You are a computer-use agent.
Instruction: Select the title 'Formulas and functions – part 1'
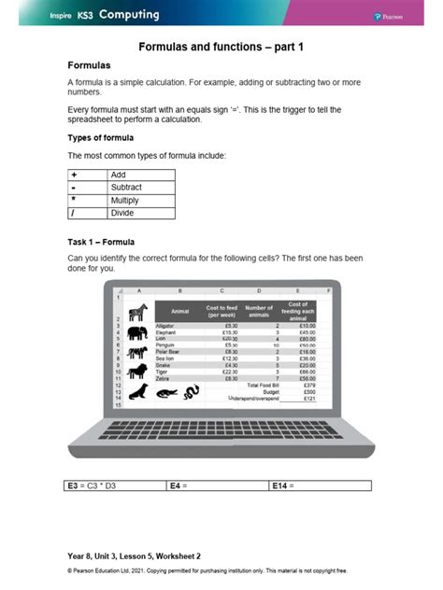pyautogui.click(x=221, y=46)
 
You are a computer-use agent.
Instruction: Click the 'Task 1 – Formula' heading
pyautogui.click(x=100, y=243)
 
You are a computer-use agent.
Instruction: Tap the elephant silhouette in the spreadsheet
pyautogui.click(x=136, y=332)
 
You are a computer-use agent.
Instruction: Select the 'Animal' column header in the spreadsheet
pyautogui.click(x=180, y=311)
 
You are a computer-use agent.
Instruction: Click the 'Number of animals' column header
pyautogui.click(x=258, y=309)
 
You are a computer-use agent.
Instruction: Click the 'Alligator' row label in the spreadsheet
pyautogui.click(x=165, y=325)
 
